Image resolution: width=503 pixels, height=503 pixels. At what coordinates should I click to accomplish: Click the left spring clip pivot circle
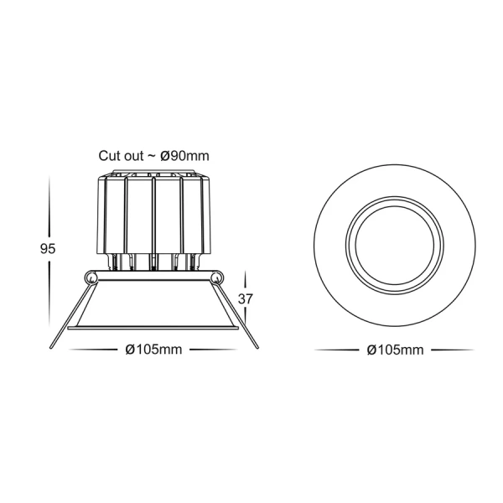[91, 277]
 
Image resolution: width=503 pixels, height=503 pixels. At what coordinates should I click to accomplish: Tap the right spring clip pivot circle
[217, 277]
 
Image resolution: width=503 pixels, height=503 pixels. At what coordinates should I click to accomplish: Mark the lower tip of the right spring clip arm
[257, 347]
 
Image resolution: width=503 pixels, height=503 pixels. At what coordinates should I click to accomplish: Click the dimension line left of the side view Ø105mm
[92, 350]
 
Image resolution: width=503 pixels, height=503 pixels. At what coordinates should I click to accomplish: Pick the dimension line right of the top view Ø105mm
[453, 350]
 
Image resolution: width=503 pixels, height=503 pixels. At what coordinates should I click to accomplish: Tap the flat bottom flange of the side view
[154, 328]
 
